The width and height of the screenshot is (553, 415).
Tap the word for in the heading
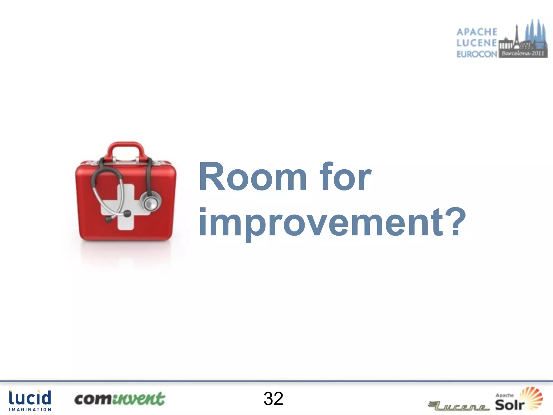click(x=345, y=177)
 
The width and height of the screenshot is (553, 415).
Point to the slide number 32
click(x=273, y=399)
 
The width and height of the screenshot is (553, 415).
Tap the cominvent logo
click(x=120, y=399)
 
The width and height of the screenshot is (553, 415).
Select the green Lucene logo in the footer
click(x=459, y=405)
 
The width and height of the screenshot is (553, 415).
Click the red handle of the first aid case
click(x=126, y=147)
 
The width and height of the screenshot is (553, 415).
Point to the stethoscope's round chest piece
click(x=150, y=202)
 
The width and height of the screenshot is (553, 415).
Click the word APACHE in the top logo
click(x=477, y=32)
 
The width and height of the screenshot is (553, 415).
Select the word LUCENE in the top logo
click(x=477, y=43)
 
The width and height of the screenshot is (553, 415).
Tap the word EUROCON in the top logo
click(x=477, y=54)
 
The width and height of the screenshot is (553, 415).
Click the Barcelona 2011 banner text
click(x=523, y=53)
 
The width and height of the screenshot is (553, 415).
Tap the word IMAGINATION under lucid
click(x=30, y=410)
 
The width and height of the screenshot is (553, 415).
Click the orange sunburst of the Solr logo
click(x=531, y=396)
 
